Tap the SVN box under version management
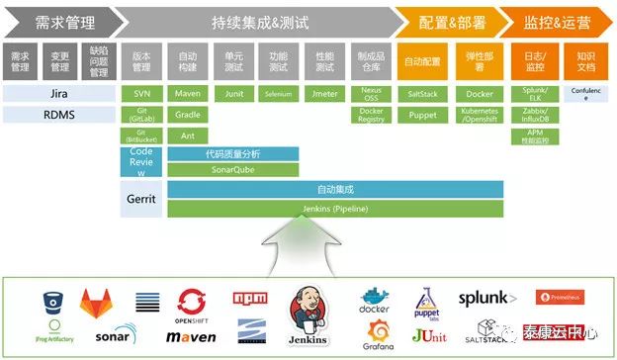pyautogui.click(x=140, y=94)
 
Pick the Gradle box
pyautogui.click(x=188, y=115)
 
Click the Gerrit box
pyautogui.click(x=140, y=198)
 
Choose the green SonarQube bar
pyautogui.click(x=233, y=169)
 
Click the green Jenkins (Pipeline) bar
pyautogui.click(x=335, y=209)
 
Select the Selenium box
pyautogui.click(x=278, y=94)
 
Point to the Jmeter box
pyautogui.click(x=324, y=94)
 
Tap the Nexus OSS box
pyautogui.click(x=371, y=94)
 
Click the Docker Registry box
pyautogui.click(x=371, y=115)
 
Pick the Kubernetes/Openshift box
pyautogui.click(x=479, y=115)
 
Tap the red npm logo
pyautogui.click(x=247, y=298)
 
